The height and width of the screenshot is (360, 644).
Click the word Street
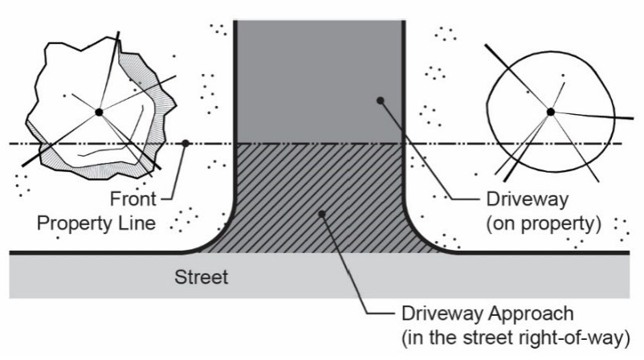(202, 278)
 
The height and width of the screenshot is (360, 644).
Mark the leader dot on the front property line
(185, 144)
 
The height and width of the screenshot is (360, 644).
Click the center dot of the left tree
(98, 112)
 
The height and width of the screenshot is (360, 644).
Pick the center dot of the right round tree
(550, 112)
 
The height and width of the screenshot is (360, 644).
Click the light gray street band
(96, 277)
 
